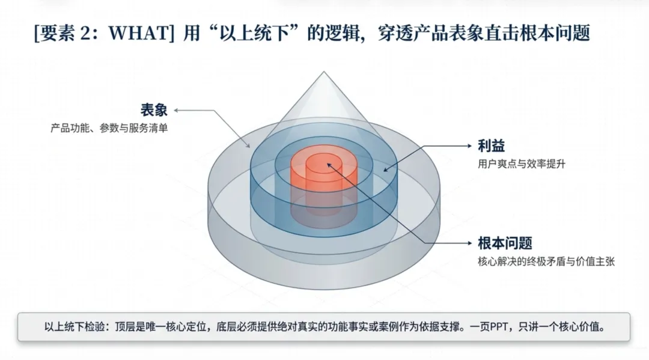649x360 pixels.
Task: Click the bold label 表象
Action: point(154,110)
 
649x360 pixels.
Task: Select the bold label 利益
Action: point(490,146)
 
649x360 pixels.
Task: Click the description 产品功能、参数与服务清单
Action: point(109,128)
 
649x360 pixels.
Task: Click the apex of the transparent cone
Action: point(324,73)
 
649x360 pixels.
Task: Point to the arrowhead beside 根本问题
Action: point(469,243)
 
